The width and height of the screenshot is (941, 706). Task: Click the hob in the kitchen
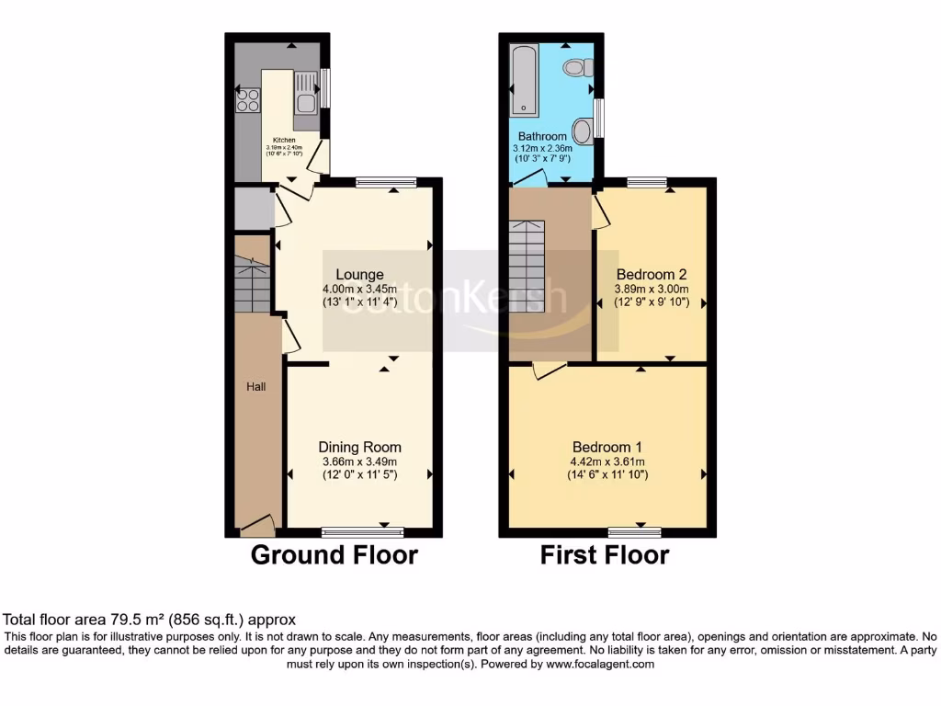tap(247, 100)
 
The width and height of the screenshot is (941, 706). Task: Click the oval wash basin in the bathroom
tap(583, 130)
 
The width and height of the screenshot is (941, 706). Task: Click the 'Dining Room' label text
tap(359, 447)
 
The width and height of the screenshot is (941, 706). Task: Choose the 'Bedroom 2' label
tap(652, 274)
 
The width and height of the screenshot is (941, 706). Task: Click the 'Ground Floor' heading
tap(334, 555)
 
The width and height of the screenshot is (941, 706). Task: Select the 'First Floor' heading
tap(604, 555)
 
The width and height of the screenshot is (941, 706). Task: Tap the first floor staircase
tap(527, 267)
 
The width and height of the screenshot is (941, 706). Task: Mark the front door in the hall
tap(257, 526)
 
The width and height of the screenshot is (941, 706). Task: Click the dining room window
tap(362, 531)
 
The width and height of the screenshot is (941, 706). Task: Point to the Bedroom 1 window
tap(635, 531)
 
